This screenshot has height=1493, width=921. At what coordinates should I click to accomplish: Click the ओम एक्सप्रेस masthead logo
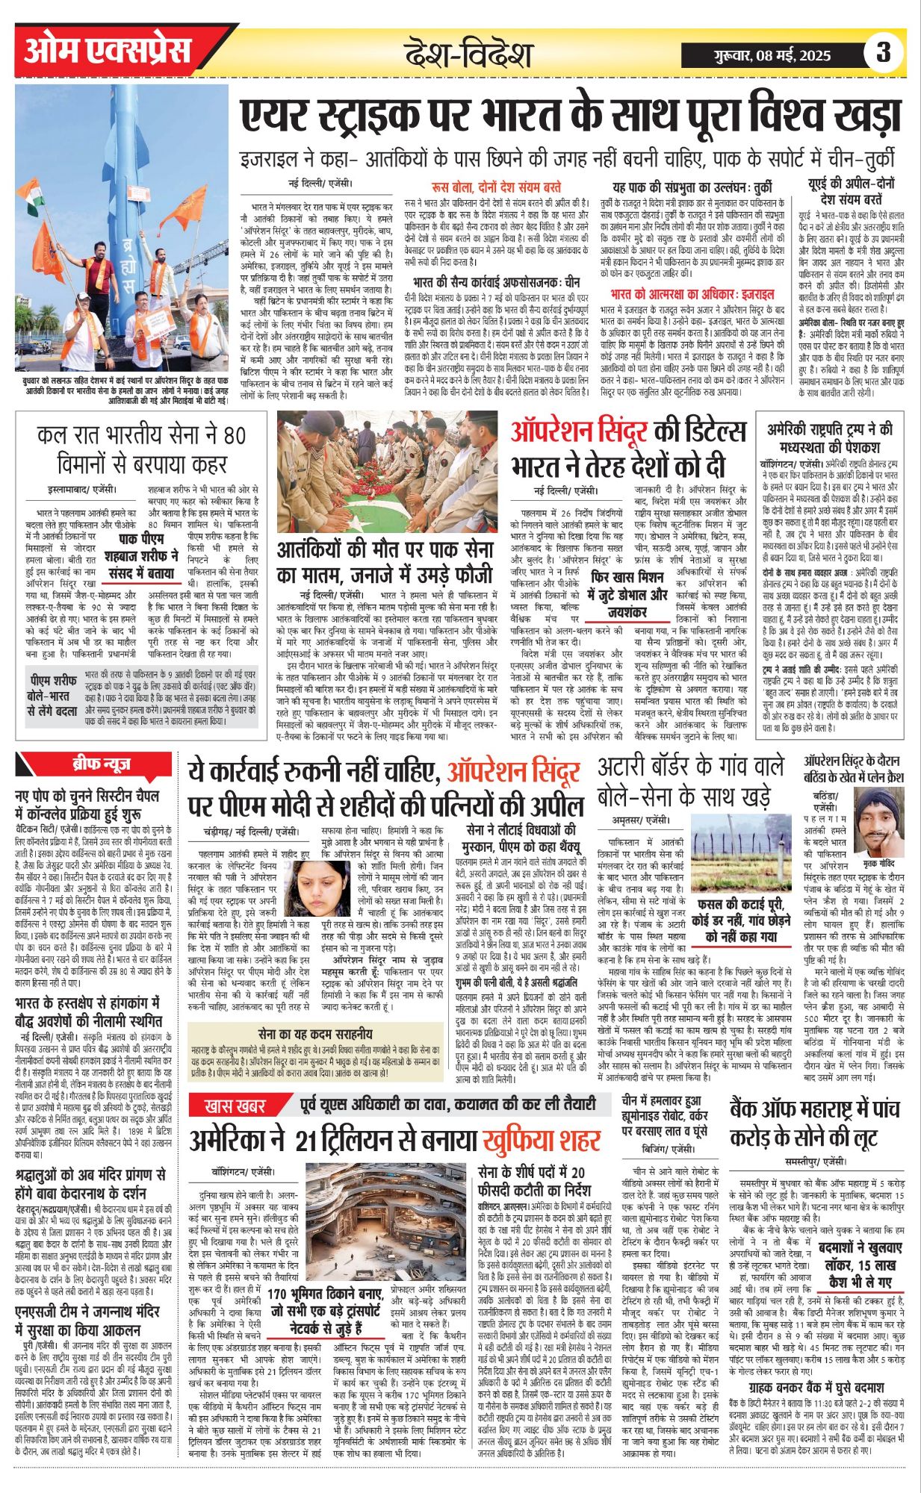(108, 52)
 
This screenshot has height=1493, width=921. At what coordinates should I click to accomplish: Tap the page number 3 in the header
(884, 54)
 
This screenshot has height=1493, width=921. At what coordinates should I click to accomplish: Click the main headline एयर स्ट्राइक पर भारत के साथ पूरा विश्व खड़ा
(570, 118)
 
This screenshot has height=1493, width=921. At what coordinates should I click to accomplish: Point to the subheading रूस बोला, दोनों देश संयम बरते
(496, 187)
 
